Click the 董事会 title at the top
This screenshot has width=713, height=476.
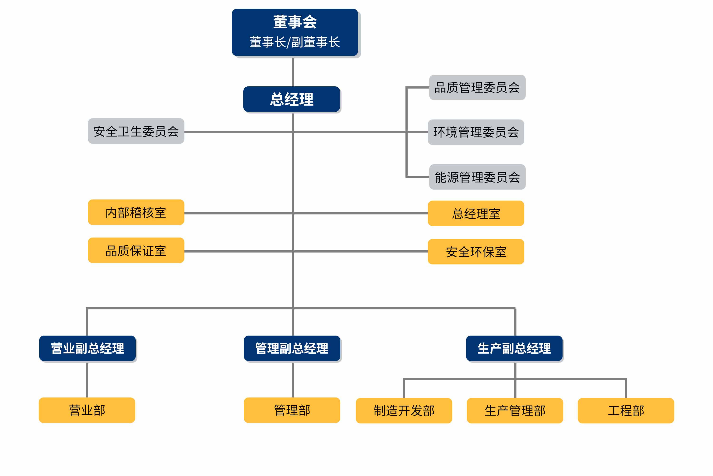(295, 22)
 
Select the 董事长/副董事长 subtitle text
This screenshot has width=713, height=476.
(295, 42)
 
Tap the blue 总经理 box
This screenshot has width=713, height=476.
(292, 99)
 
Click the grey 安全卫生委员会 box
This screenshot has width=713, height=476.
(136, 131)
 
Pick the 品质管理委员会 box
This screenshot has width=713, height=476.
(477, 87)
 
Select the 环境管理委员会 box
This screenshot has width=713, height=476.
(476, 132)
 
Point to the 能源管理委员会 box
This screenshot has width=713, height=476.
(477, 177)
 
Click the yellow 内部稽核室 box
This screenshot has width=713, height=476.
(136, 212)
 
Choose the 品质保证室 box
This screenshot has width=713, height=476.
(136, 250)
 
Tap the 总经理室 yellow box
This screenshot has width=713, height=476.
(476, 213)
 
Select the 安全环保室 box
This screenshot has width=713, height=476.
(476, 252)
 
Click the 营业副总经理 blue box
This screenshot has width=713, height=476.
(87, 348)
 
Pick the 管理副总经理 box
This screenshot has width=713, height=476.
(292, 348)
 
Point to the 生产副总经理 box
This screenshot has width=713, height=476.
(514, 348)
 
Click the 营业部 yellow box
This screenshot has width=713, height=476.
(87, 410)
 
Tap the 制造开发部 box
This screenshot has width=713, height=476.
(404, 410)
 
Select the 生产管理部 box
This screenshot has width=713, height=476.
(515, 410)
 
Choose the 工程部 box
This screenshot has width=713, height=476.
(626, 410)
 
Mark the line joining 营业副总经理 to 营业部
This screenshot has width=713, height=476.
(87, 379)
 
